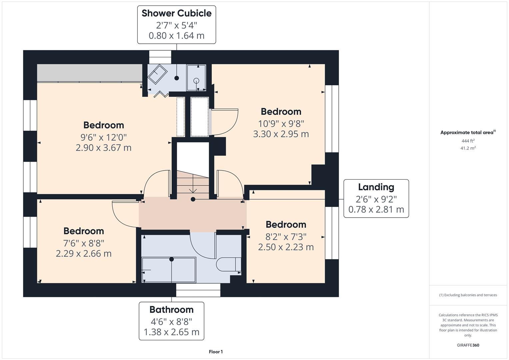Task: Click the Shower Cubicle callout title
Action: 176,13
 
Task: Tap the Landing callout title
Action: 376,187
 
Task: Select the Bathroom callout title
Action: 171,310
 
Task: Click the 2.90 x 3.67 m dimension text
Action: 103,148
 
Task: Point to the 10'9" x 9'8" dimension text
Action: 281,124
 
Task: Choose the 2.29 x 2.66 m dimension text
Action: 84,254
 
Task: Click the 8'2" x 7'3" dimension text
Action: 286,237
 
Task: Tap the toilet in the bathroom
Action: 228,264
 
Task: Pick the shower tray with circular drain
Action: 196,78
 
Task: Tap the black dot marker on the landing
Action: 193,199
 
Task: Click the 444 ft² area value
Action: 468,141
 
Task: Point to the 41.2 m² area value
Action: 468,148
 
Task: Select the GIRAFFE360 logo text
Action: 468,345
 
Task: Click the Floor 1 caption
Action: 216,352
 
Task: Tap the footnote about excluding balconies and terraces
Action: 468,295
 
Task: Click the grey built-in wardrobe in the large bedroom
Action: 89,73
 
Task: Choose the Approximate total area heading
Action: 467,133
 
